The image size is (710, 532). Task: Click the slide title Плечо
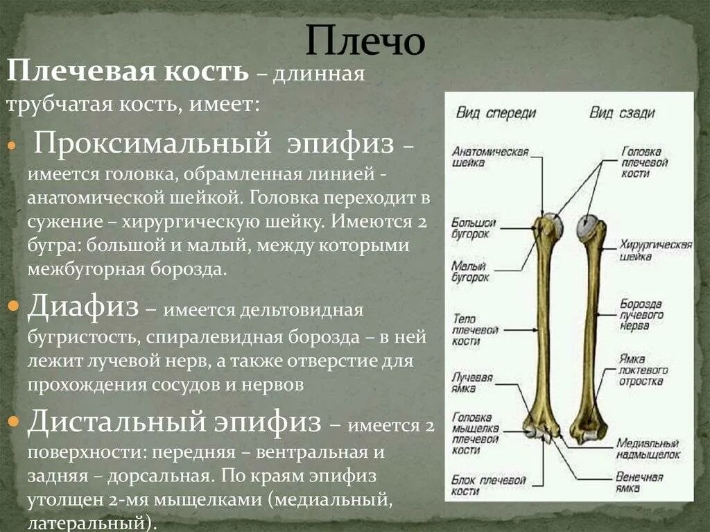pos(365,41)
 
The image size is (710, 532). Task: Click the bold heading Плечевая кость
pos(128,71)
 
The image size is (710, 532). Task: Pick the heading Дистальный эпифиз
pos(174,421)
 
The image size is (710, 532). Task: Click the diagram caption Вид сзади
pos(622,113)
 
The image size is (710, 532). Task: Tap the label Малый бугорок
pos(471,271)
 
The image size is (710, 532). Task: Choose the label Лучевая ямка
pos(472,383)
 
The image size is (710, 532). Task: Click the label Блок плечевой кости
pos(479,484)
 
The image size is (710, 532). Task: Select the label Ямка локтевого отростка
pos(644,370)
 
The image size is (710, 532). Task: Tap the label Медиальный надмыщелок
pos(647,448)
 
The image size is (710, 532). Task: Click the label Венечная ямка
pos(639,482)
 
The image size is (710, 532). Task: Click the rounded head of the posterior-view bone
pos(587,227)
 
